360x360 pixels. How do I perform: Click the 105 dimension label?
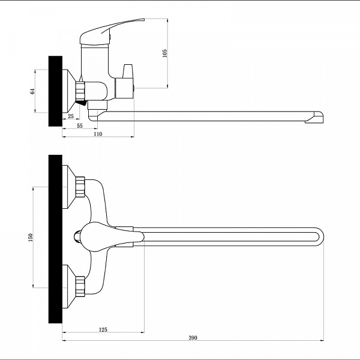(164, 53)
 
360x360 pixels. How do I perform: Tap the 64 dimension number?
(32, 91)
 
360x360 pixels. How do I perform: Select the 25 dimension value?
(71, 116)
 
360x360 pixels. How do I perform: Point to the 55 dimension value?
(80, 126)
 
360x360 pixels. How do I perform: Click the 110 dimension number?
(98, 134)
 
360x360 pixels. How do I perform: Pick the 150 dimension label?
(31, 238)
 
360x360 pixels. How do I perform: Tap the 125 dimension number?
(103, 329)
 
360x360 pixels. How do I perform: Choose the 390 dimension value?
(193, 337)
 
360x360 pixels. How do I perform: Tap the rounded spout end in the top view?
(320, 237)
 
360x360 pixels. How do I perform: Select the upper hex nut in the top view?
(80, 187)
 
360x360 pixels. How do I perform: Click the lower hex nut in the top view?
(80, 286)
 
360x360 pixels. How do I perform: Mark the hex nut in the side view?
(80, 91)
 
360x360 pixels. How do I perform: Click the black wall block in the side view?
(55, 91)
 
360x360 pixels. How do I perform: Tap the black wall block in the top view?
(55, 239)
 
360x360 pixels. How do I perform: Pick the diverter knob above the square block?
(128, 71)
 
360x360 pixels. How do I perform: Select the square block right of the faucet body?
(124, 88)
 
